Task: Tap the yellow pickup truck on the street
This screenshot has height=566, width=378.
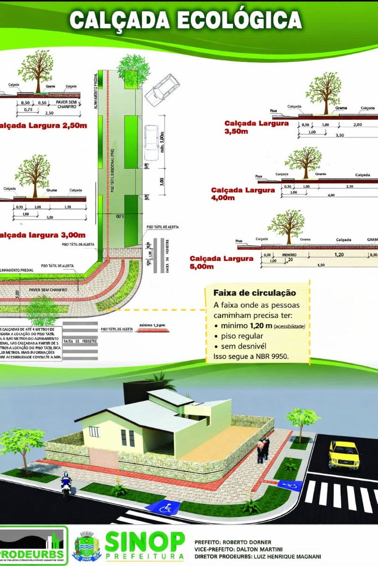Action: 344,453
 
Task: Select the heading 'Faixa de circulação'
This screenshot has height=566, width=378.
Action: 255,293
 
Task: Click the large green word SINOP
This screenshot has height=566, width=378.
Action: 145,542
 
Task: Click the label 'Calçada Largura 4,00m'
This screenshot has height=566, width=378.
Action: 242,193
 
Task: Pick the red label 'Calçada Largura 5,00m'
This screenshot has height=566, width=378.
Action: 221,262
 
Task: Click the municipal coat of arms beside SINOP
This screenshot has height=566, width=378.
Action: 86,546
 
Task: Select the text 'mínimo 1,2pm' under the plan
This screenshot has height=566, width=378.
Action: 152,325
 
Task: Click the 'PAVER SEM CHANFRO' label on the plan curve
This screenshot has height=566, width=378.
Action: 47,290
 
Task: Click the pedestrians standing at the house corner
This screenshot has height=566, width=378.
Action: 263,449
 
